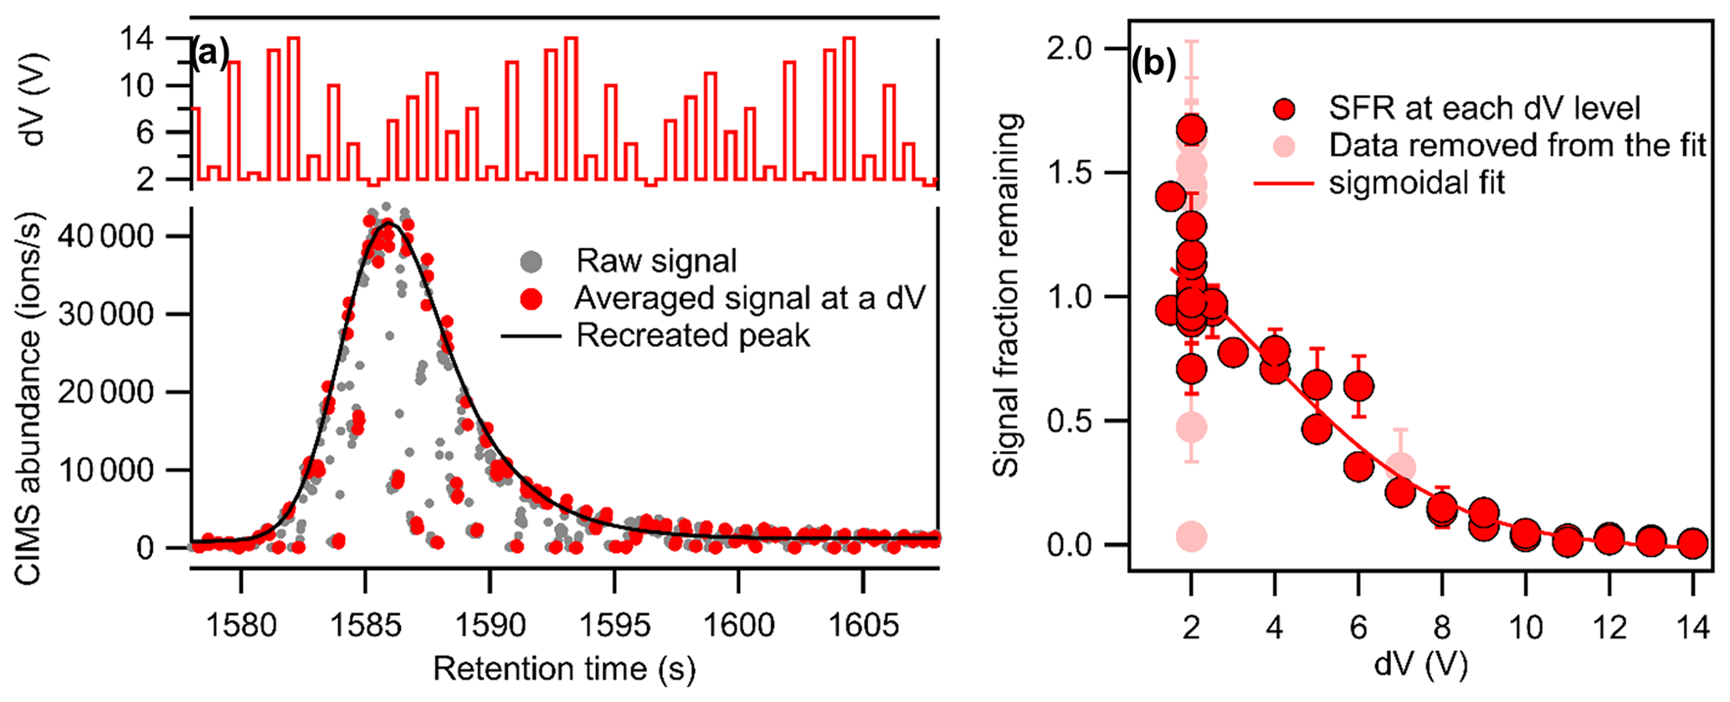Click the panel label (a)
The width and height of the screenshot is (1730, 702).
click(209, 54)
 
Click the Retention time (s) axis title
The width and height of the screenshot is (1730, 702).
click(564, 669)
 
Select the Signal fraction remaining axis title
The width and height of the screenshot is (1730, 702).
click(1007, 295)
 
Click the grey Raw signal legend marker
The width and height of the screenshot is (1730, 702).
click(531, 262)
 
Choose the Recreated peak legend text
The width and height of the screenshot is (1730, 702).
click(693, 336)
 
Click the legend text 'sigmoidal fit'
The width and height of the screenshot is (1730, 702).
click(1416, 182)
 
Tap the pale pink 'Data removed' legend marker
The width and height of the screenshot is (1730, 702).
click(1284, 146)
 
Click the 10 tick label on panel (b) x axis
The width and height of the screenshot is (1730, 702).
click(1525, 626)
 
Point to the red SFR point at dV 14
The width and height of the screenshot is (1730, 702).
click(1692, 544)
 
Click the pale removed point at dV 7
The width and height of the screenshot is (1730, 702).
click(1399, 468)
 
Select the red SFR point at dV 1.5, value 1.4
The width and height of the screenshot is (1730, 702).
click(1170, 197)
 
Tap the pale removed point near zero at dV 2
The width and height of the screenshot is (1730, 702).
click(1191, 536)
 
